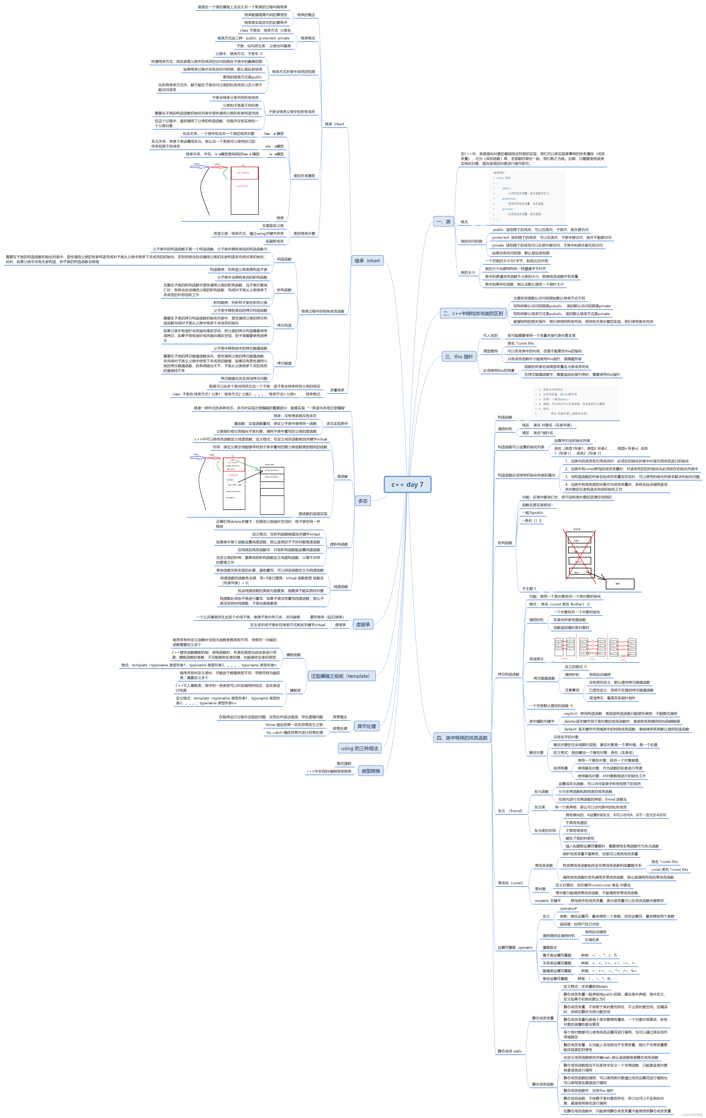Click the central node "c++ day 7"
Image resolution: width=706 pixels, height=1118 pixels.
click(407, 484)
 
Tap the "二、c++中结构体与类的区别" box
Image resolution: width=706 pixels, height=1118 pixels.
click(473, 313)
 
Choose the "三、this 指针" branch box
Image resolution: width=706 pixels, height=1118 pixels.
click(459, 357)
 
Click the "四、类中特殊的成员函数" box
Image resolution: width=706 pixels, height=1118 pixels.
click(462, 738)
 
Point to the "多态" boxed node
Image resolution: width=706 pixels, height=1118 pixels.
click(363, 501)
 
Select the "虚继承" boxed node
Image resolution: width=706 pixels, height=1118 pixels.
click(363, 624)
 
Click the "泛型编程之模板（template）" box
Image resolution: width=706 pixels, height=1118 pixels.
click(341, 676)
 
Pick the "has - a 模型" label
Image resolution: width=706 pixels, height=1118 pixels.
click(274, 134)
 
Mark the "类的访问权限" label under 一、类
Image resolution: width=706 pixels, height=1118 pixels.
click(471, 242)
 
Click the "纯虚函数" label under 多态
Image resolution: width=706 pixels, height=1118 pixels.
click(341, 587)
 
